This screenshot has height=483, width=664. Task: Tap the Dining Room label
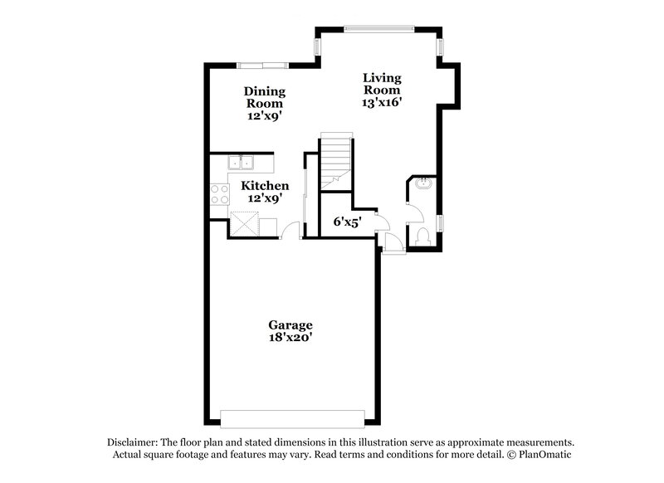coord(265,97)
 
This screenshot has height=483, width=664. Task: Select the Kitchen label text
coord(265,186)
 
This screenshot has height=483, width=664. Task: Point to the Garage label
coord(290,324)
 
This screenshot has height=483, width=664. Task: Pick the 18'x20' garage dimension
coord(290,339)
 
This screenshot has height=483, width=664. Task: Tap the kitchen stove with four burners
coord(220,194)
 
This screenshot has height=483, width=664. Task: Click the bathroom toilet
coord(422,235)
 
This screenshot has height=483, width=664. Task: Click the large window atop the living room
coord(378,27)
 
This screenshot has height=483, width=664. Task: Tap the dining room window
coord(262,64)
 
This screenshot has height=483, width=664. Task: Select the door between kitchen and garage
coord(290,230)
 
